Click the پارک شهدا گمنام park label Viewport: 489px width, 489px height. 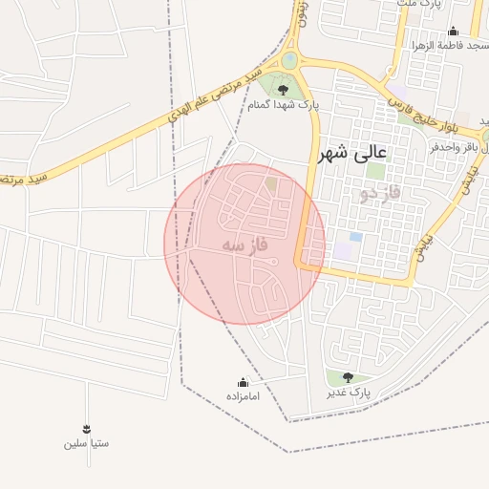coord(284,105)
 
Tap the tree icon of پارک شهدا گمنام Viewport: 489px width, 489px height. coord(283,90)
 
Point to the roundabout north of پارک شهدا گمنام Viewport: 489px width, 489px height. coord(288,61)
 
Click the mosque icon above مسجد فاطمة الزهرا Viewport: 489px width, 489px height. coord(453,31)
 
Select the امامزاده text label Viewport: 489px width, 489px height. coord(243,394)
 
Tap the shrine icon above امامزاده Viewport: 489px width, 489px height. coord(243,381)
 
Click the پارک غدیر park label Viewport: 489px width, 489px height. coord(347,393)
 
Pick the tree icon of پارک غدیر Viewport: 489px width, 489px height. coord(347,378)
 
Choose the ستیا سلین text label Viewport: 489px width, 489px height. coord(87,443)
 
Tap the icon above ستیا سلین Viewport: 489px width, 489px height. coord(87,428)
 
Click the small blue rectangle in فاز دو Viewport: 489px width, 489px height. coord(355,236)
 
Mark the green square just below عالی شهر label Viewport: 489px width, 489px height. coord(376,172)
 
